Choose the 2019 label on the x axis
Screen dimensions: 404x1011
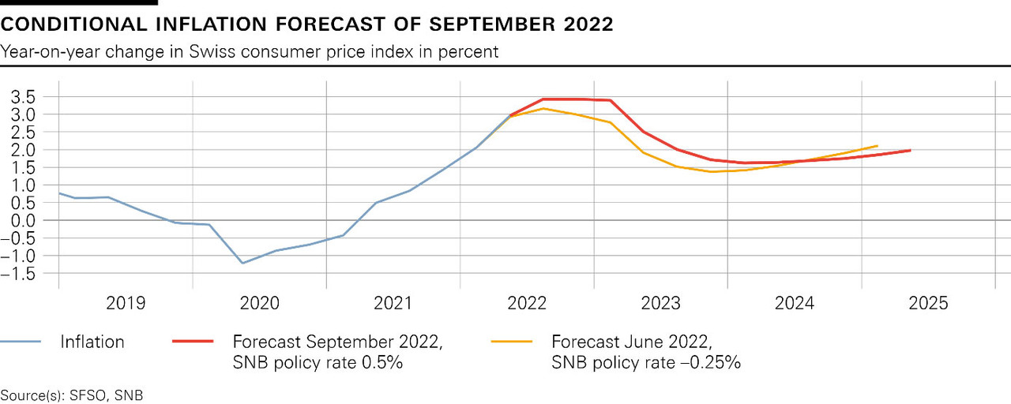point(125,303)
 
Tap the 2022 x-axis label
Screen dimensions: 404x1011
point(527,303)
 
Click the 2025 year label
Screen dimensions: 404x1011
point(929,303)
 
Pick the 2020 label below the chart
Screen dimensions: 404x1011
point(259,303)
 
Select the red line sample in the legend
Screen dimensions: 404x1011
point(193,342)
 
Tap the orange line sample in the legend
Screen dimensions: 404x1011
point(512,342)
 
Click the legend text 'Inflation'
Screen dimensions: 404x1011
point(92,342)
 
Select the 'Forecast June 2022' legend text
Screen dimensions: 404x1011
point(630,342)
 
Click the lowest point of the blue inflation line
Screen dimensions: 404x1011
point(242,263)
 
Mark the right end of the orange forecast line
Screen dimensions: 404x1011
point(878,145)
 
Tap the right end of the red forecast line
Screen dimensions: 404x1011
point(911,150)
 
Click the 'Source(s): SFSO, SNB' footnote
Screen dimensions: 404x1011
point(72,395)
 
